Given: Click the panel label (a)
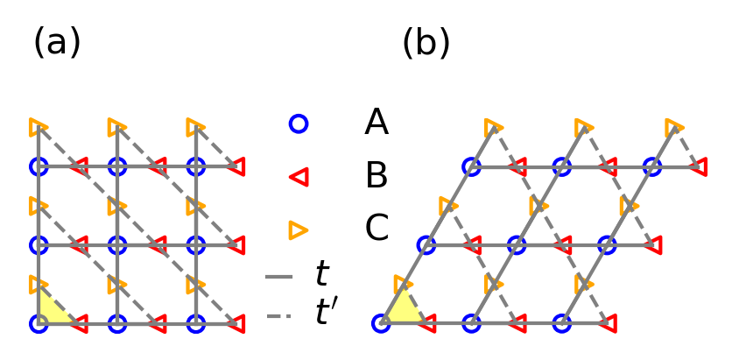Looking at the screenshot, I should click(x=57, y=42).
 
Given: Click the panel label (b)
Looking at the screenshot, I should click(x=426, y=42).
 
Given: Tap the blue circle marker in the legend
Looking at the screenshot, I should click(x=299, y=124).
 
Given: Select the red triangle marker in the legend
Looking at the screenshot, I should click(x=299, y=177).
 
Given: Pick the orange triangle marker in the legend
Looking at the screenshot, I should click(x=299, y=229).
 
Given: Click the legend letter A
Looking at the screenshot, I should click(x=377, y=124).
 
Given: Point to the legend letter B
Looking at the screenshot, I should click(x=377, y=177).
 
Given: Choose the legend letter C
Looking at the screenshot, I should click(x=377, y=229).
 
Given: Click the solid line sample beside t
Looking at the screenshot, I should click(x=278, y=277).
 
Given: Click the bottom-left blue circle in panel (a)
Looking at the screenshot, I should click(x=39, y=324).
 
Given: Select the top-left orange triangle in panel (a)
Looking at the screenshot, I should click(x=36, y=127).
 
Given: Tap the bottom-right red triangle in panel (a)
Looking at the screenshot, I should click(x=236, y=324).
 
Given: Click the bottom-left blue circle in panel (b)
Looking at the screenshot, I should click(x=381, y=324).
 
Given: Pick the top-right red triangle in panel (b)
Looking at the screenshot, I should click(x=698, y=166).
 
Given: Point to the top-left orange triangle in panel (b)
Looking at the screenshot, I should click(x=493, y=127).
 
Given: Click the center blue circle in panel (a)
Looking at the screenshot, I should click(x=117, y=244).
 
